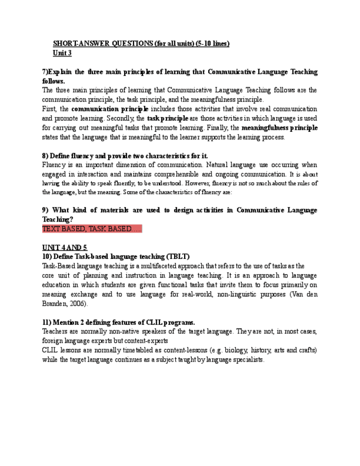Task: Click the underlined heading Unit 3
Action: click(x=62, y=53)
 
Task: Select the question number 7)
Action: click(x=46, y=72)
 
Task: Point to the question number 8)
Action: click(x=46, y=156)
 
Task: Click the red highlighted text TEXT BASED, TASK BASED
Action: click(x=91, y=229)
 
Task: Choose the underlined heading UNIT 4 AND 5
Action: click(x=64, y=248)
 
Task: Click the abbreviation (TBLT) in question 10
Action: click(x=178, y=257)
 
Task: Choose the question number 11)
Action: click(x=48, y=323)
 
